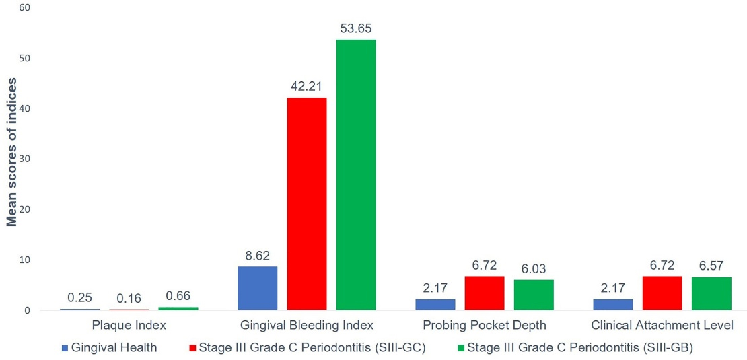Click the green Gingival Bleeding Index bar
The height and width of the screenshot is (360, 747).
click(356, 175)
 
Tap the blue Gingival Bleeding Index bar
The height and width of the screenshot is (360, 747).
click(257, 288)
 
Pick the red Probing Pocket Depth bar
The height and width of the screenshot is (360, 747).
click(485, 293)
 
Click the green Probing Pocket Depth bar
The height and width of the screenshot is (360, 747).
click(534, 295)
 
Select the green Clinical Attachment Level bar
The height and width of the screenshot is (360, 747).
click(711, 293)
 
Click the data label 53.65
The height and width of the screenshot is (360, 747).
click(356, 29)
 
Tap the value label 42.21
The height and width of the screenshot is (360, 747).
click(307, 87)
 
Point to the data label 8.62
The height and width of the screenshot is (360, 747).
click(257, 256)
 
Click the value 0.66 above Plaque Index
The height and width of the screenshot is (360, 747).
click(178, 296)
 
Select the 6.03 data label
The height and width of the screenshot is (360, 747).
click(534, 268)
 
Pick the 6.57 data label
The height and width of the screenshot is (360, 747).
click(711, 266)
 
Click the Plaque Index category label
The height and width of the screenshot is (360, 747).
click(129, 326)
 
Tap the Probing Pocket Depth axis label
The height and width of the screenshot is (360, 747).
click(485, 326)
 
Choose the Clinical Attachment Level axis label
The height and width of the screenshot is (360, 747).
click(662, 326)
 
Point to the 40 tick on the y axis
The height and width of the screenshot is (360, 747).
click(25, 108)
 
